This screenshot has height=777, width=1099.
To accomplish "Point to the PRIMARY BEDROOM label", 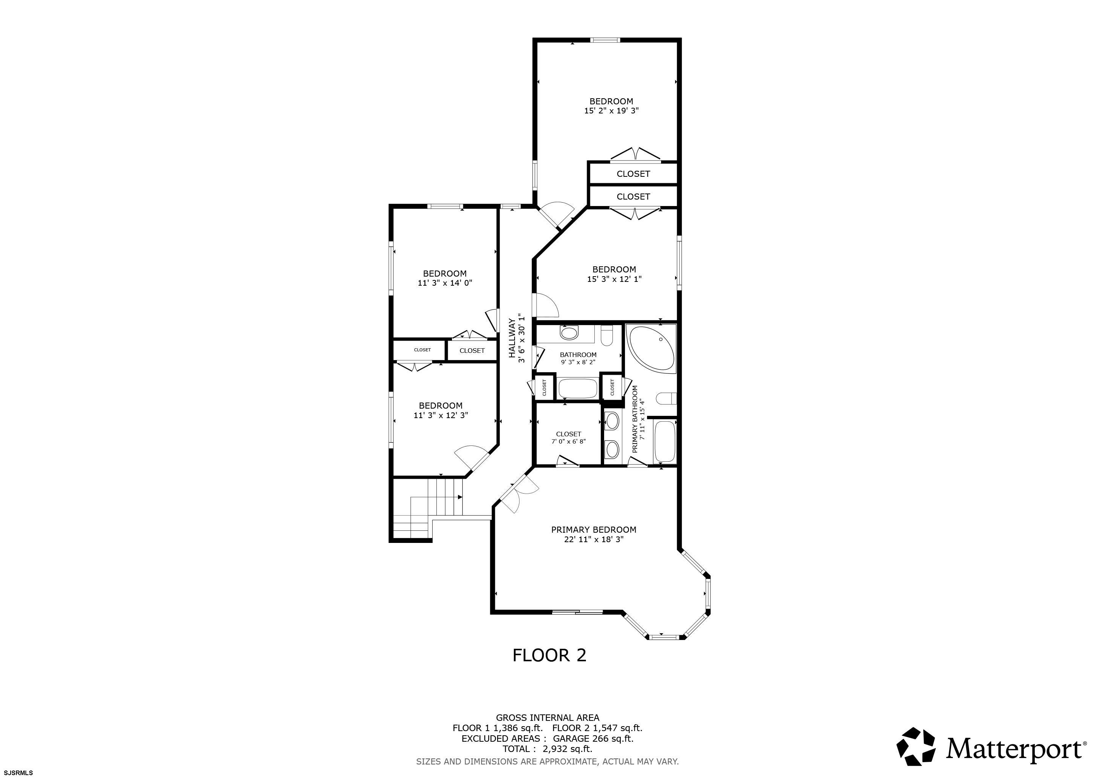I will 594,530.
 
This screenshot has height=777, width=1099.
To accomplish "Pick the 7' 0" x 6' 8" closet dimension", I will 568,442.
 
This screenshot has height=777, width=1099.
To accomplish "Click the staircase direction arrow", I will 460,497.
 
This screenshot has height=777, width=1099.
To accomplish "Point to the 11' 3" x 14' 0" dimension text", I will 445,283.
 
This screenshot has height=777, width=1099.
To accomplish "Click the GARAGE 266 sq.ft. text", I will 593,738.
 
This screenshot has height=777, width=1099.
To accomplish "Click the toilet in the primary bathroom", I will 667,398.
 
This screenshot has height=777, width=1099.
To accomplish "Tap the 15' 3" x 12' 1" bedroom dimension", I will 614,279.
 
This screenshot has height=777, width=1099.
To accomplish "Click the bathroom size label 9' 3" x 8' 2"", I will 578,362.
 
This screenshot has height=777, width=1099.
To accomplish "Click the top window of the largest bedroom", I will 605,40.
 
